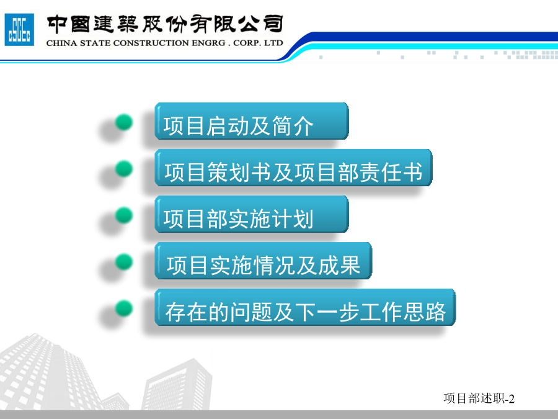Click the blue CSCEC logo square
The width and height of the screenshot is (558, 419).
point(19,30)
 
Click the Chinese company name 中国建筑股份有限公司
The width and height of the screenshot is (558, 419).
point(165,24)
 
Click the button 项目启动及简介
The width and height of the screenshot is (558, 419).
point(251,121)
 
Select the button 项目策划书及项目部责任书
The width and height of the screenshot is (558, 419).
point(293,168)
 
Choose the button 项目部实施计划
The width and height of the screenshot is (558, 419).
point(251,214)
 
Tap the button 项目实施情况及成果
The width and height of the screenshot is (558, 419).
point(263,261)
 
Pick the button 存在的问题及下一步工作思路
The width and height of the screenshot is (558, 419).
point(305,307)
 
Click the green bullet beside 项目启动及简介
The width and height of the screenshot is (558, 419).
point(124,122)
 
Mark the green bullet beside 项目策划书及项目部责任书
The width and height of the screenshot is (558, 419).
point(124,168)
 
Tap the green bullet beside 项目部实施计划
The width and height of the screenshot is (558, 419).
point(124,215)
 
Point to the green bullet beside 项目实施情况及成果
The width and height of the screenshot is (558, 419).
point(124,262)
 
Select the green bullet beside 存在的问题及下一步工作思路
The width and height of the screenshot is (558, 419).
point(124,309)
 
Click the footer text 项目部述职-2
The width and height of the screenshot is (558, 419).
point(479,399)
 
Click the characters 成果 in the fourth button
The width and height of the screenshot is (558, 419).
point(339,266)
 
